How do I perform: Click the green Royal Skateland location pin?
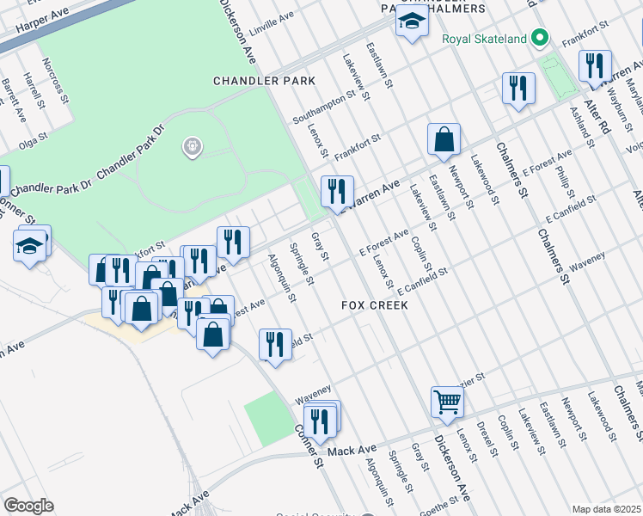pos(539,38)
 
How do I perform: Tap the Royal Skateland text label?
pos(483,39)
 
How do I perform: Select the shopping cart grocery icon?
pos(447,401)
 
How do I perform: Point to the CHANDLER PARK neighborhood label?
pos(264,81)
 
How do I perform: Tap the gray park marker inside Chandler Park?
pos(192,148)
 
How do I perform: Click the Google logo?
pos(29,506)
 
